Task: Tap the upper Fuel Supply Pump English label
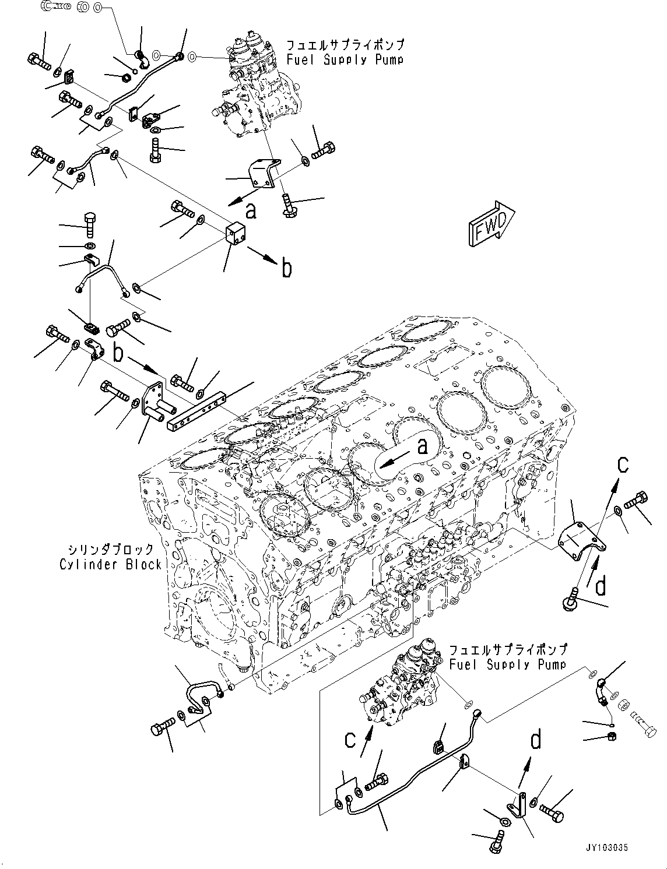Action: pos(345,59)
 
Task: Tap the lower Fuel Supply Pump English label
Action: pos(507,664)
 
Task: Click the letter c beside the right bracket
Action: pos(623,465)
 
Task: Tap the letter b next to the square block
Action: pos(286,268)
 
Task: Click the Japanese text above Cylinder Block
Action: pos(111,549)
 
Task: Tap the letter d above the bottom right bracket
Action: pos(535,741)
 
